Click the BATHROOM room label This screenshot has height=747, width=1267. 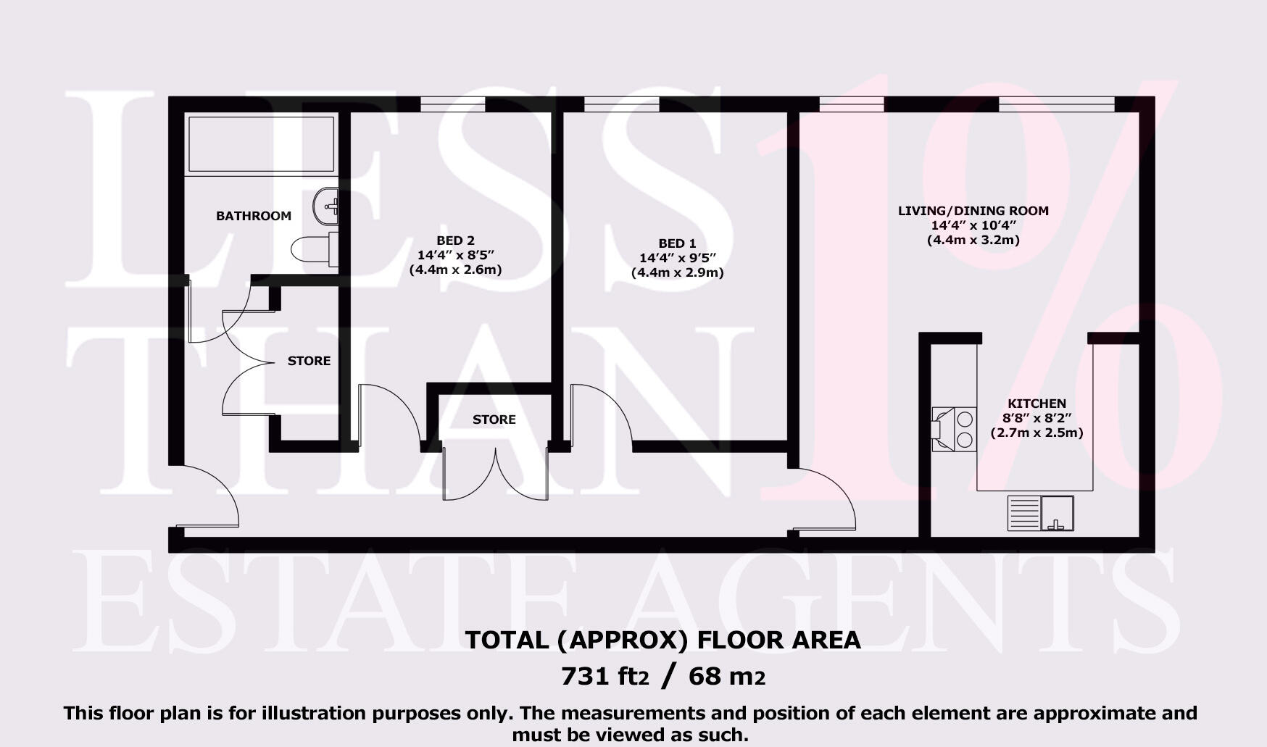(x=254, y=216)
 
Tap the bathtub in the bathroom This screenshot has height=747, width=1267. (x=261, y=143)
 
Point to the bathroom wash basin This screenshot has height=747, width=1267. (x=326, y=205)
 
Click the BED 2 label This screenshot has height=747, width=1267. (x=455, y=241)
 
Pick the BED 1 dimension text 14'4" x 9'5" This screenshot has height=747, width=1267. (x=677, y=258)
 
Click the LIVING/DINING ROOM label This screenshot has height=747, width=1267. (x=973, y=211)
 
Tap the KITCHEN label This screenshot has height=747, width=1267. (x=1037, y=404)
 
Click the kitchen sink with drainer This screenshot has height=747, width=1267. (x=1040, y=513)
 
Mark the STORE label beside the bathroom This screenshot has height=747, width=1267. (x=309, y=361)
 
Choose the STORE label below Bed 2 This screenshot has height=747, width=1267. (x=494, y=420)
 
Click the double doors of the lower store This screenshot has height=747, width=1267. (x=496, y=475)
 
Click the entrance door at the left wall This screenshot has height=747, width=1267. (x=210, y=496)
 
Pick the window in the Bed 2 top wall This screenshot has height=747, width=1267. (x=452, y=104)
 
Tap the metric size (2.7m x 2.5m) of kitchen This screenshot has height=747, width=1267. (x=1037, y=433)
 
